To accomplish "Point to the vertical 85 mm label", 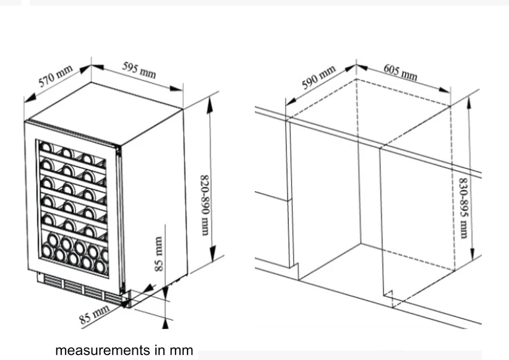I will coord(159,254).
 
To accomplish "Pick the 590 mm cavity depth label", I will coord(319,77).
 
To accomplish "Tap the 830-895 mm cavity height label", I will coord(463,208).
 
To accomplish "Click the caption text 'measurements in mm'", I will coord(124,351).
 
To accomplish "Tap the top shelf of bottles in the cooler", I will coord(72,152).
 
